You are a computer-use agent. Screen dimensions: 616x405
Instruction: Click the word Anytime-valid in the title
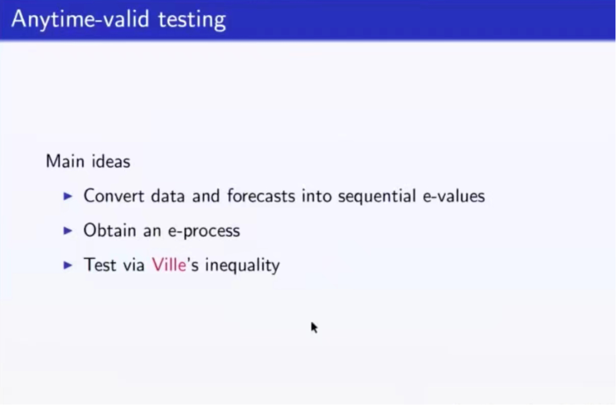[80, 19]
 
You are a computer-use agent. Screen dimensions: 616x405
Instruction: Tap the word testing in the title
[192, 19]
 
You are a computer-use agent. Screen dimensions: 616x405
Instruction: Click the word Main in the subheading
[65, 161]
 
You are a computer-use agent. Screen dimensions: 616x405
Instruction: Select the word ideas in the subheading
[111, 161]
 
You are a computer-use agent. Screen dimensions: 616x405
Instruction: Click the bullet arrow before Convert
[68, 196]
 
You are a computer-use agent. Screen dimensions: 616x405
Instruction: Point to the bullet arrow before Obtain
[68, 230]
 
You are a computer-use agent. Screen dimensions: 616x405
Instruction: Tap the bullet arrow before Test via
[68, 265]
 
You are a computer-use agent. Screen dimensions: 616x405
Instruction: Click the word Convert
[114, 196]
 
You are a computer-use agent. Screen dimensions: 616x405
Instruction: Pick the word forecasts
[261, 196]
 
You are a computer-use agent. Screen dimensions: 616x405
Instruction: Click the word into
[317, 196]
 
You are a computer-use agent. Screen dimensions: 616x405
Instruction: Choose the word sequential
[377, 196]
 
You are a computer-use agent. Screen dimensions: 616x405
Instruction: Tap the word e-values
[454, 196]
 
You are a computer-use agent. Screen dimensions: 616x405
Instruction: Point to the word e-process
[204, 231]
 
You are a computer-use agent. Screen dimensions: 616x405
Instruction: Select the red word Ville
[169, 265]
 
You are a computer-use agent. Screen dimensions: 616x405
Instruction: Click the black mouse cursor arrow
[314, 327]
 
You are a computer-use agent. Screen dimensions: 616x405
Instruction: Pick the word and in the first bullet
[206, 196]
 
